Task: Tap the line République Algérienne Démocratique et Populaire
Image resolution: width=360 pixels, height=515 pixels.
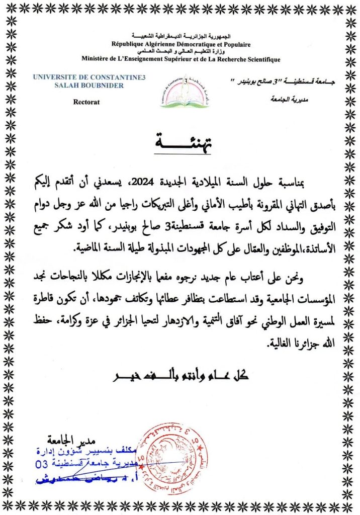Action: tap(181, 45)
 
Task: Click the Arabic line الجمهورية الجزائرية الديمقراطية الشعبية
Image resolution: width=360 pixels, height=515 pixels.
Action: tap(182, 38)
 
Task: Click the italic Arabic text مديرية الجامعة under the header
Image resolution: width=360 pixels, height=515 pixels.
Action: tap(284, 100)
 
